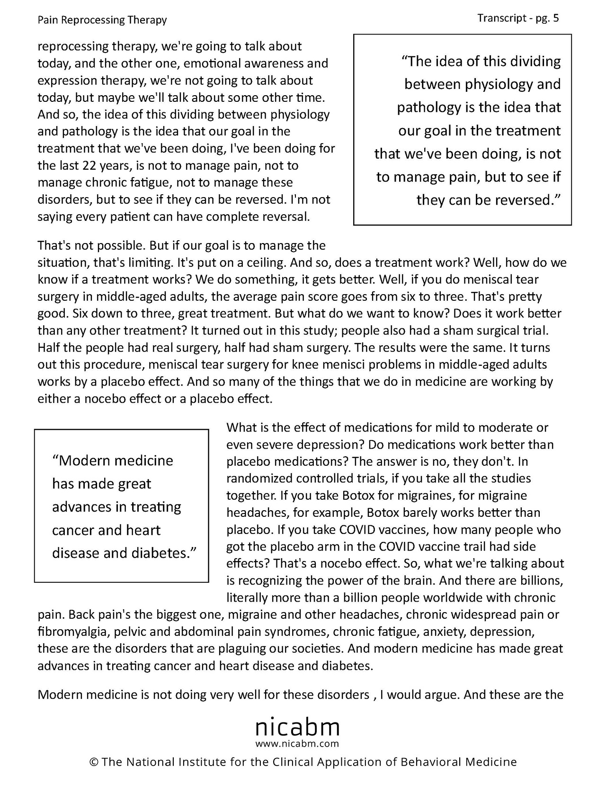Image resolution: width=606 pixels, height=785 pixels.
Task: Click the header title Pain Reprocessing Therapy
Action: click(102, 20)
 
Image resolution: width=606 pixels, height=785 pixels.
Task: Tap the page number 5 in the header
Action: click(556, 18)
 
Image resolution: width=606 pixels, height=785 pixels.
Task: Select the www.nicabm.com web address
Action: click(297, 743)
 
